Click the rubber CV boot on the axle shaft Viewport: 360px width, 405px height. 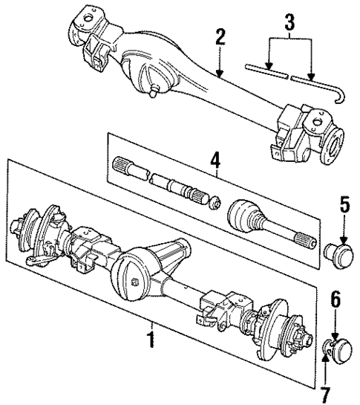coord(244,215)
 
